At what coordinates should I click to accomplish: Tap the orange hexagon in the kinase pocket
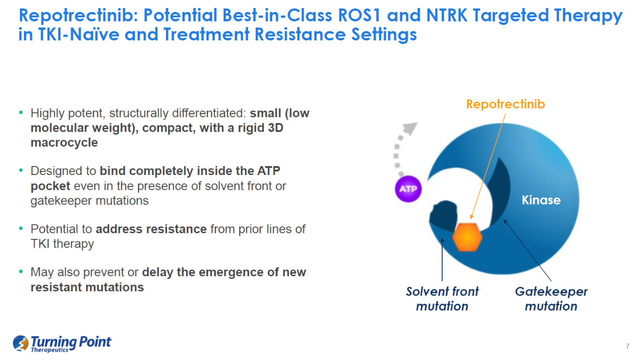[468, 237]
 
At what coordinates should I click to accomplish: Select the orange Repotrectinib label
[505, 104]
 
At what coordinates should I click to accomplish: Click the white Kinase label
[541, 200]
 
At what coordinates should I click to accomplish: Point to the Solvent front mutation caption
[442, 298]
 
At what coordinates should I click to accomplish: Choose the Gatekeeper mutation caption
[551, 298]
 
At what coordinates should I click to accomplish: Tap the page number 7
[627, 347]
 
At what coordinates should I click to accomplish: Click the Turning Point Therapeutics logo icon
[21, 343]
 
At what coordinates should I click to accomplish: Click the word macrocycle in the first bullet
[64, 143]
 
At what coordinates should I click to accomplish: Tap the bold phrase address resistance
[151, 229]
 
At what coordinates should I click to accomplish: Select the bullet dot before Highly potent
[20, 113]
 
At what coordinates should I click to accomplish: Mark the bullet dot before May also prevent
[20, 272]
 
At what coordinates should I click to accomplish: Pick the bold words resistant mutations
[87, 287]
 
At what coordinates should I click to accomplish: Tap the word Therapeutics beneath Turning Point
[50, 350]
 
